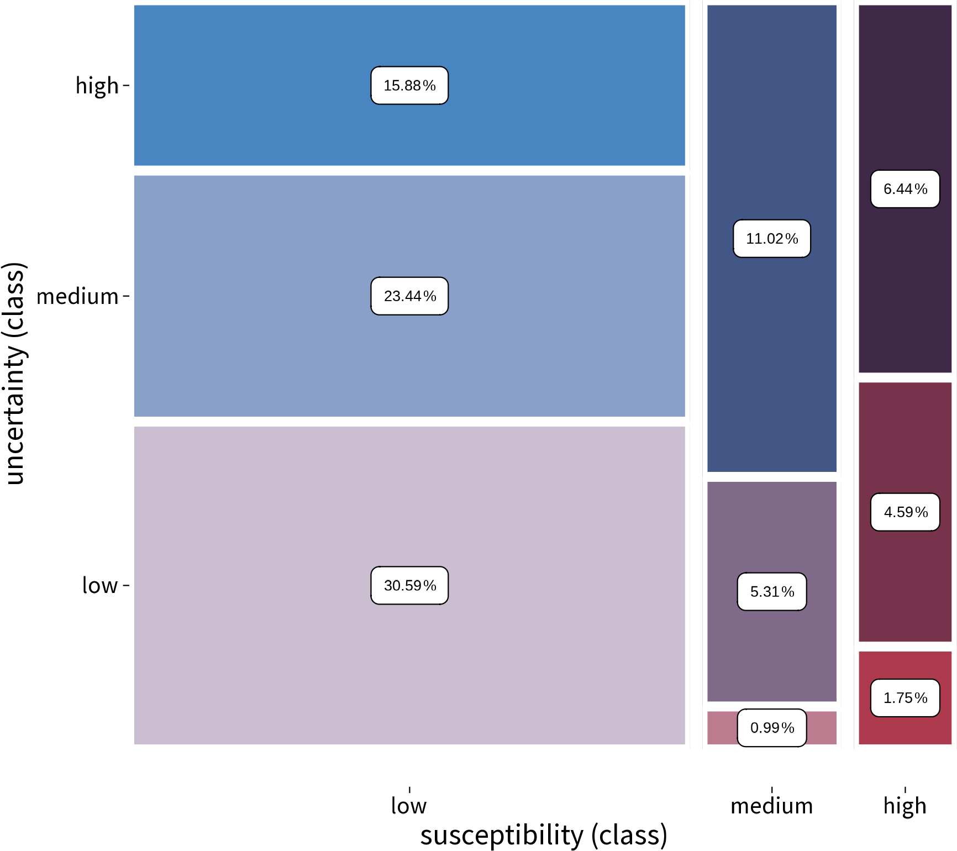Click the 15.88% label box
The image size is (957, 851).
click(409, 86)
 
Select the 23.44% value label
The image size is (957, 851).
click(409, 296)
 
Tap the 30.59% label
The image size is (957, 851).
click(409, 585)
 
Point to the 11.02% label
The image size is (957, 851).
click(772, 239)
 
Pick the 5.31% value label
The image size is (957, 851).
click(772, 592)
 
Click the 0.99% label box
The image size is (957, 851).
click(772, 728)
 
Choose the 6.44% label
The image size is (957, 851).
click(905, 189)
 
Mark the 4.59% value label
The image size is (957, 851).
click(905, 512)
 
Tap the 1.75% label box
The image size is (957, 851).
click(905, 698)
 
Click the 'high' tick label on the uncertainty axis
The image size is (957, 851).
click(97, 86)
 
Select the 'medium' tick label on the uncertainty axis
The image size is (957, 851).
click(77, 297)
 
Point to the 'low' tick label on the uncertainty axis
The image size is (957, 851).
click(100, 585)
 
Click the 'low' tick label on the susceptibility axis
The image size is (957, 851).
click(409, 806)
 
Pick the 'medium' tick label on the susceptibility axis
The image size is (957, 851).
click(772, 806)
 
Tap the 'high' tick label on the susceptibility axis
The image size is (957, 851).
click(905, 806)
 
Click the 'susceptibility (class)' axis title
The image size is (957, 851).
click(544, 835)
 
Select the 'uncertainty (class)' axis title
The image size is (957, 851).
click(14, 374)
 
